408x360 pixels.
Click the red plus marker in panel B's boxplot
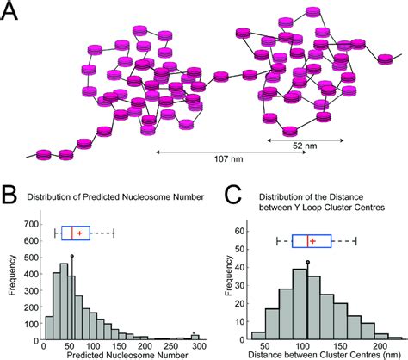tap(80, 233)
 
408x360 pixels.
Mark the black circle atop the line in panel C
tap(307, 262)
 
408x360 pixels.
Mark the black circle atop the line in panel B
tap(71, 256)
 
